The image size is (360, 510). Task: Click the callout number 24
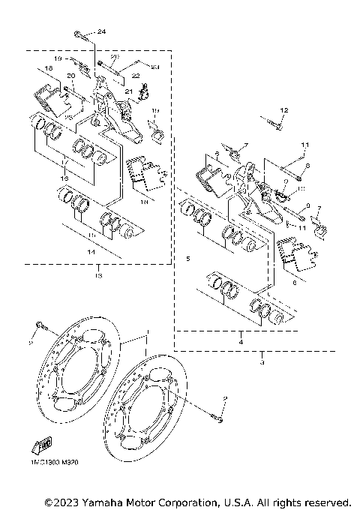102,31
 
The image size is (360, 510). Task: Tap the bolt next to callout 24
80,34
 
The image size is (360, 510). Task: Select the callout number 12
283,111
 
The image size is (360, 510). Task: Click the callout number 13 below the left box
97,276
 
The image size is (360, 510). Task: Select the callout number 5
187,259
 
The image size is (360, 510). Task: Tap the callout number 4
240,341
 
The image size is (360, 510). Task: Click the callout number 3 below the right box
262,362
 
